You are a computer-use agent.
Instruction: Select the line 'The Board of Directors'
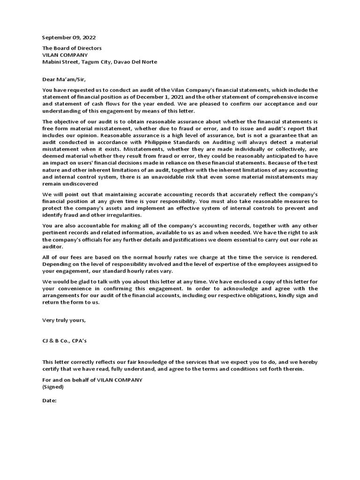(72, 48)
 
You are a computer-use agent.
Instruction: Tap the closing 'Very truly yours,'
(64, 320)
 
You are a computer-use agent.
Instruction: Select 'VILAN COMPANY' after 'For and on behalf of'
(119, 380)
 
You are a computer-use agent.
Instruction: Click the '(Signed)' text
(53, 387)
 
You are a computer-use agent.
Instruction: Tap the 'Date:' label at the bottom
(50, 401)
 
